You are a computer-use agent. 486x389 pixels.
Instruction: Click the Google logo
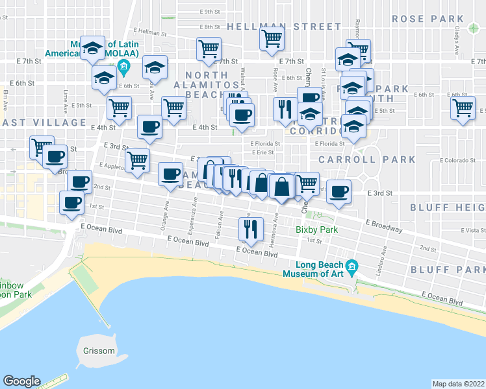point(21,381)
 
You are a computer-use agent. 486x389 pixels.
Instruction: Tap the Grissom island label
point(98,351)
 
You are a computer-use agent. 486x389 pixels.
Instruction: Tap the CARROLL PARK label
point(366,159)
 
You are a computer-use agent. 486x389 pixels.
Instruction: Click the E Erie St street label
point(262,153)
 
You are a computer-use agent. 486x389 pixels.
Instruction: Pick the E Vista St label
point(471,230)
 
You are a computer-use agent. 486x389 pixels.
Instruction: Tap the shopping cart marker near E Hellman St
point(272,38)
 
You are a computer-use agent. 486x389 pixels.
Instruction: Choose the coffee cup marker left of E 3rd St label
point(339,191)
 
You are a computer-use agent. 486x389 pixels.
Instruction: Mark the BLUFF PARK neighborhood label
point(447,269)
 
